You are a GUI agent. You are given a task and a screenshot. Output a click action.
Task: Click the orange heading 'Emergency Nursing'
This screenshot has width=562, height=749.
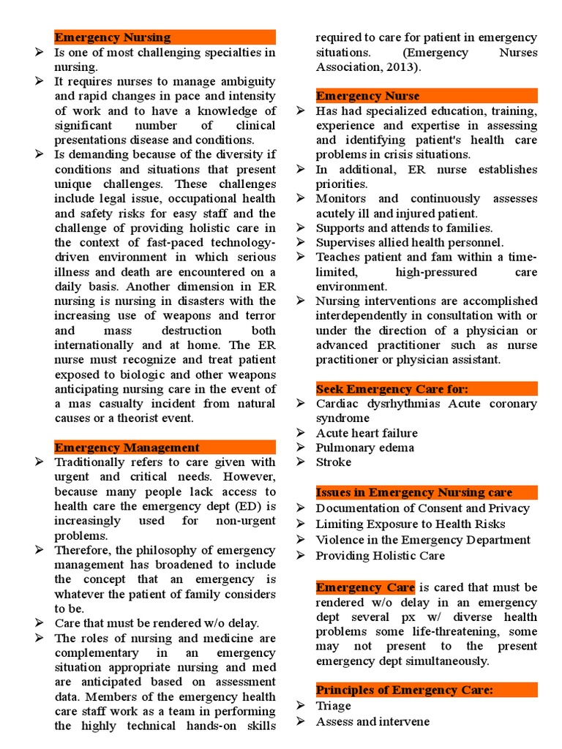tap(113, 37)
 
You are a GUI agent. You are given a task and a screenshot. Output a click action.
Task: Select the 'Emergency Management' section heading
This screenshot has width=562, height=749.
tap(127, 448)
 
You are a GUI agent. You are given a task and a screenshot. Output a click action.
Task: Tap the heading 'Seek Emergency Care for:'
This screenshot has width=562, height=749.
tap(391, 388)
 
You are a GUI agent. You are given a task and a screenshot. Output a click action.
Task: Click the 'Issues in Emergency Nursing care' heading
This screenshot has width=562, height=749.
tap(413, 492)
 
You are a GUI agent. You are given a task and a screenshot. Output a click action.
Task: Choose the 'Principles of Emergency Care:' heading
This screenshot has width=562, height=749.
tap(405, 690)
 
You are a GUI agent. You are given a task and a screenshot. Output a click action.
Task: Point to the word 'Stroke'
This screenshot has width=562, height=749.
tap(333, 462)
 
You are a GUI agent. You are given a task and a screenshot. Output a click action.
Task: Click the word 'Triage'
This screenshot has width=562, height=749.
tap(333, 706)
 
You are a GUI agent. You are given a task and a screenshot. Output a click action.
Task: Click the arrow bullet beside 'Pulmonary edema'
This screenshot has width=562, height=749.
tap(301, 448)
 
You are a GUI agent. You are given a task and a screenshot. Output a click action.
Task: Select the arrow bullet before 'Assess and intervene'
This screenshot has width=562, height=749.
tap(301, 722)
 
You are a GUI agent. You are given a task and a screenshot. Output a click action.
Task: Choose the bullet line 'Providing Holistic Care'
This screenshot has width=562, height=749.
tap(380, 556)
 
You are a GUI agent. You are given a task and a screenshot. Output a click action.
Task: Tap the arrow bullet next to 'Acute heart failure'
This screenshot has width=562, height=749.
tap(301, 433)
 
